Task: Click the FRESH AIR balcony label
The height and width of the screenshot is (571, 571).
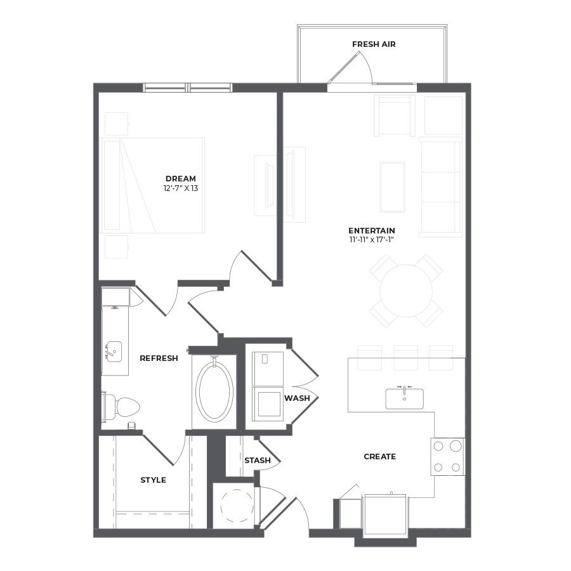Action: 374,44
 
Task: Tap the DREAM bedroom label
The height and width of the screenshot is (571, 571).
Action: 181,179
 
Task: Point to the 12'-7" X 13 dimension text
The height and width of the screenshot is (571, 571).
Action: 181,188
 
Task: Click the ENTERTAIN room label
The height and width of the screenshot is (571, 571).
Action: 371,230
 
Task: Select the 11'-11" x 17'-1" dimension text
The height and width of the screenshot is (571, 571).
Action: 371,240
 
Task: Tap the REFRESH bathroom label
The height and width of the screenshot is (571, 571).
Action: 159,358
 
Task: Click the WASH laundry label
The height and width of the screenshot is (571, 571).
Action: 297,398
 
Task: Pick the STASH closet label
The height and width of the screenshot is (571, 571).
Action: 258,461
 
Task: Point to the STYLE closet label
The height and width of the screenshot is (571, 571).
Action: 154,480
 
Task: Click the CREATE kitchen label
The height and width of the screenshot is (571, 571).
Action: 380,457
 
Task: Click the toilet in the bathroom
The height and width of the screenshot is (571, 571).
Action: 121,407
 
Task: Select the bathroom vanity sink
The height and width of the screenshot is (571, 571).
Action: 114,351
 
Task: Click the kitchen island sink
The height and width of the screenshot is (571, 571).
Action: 405,398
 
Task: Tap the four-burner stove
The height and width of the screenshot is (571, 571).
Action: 447,457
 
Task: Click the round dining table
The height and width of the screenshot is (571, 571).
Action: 406,291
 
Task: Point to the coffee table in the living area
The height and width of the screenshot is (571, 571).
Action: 392,187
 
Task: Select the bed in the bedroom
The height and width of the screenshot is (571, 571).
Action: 152,185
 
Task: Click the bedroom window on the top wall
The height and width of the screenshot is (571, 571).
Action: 188,88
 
